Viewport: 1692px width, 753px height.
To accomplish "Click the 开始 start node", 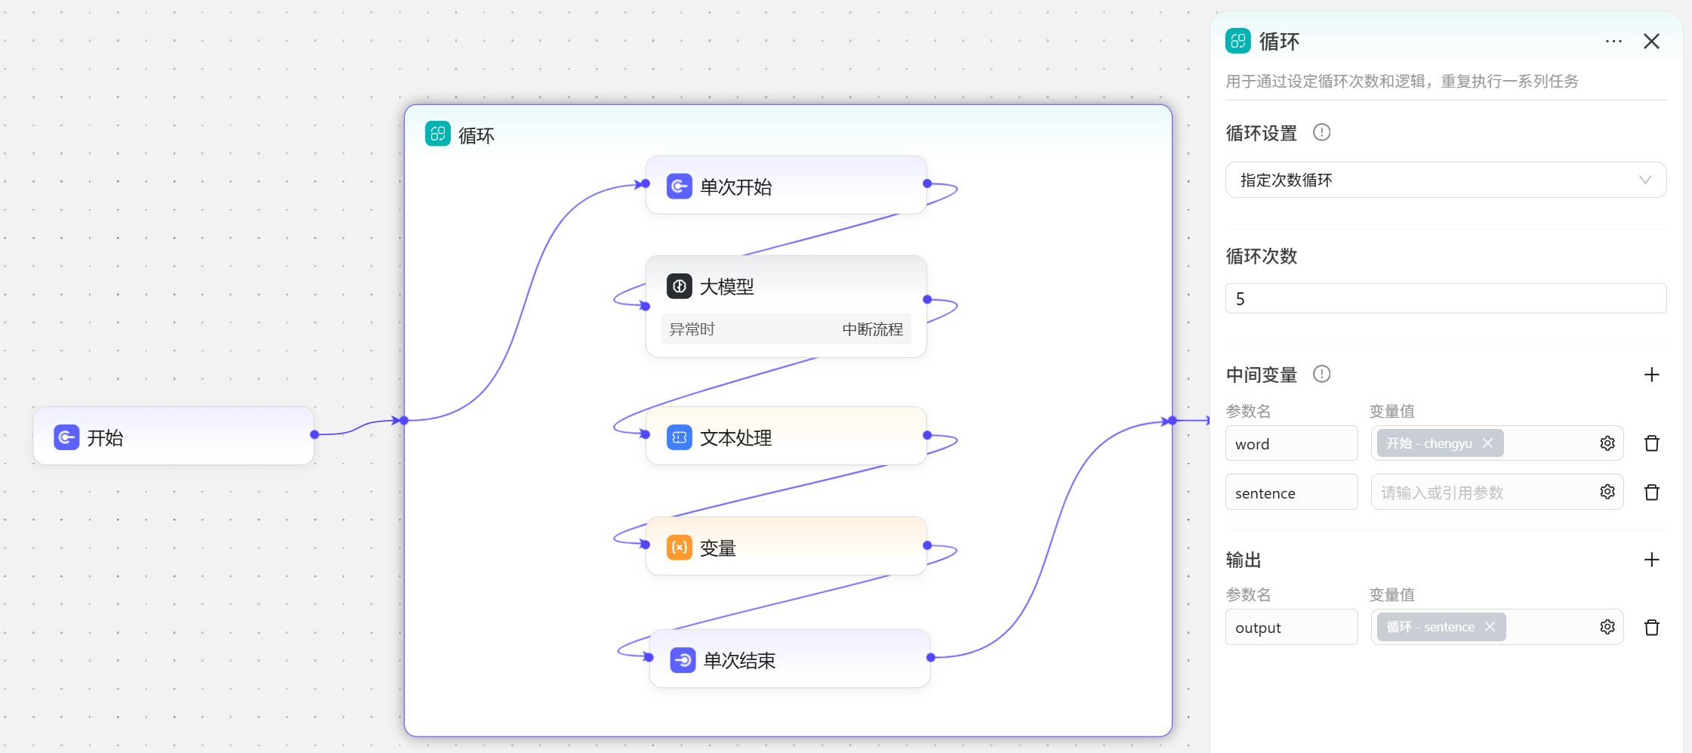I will tap(173, 437).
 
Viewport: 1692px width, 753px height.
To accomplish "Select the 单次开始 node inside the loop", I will tap(785, 186).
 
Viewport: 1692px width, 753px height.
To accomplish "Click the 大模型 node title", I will tap(726, 287).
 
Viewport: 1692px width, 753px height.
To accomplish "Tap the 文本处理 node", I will tap(785, 437).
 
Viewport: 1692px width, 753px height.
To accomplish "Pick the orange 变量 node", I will tap(785, 547).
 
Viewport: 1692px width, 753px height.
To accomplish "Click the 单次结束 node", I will tap(789, 659).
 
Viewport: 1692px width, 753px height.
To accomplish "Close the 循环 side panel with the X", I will tap(1651, 42).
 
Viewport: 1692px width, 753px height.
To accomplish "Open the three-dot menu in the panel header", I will tap(1613, 42).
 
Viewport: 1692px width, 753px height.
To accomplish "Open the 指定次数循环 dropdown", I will tap(1445, 180).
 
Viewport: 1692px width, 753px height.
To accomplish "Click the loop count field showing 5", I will tap(1445, 298).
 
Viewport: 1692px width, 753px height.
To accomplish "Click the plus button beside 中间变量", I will tap(1651, 375).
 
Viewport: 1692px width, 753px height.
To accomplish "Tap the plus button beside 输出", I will tap(1651, 560).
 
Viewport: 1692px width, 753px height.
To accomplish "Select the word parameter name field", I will tap(1291, 443).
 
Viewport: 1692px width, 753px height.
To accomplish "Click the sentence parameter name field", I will tap(1291, 492).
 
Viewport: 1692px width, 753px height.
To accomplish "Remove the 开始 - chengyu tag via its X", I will tap(1487, 443).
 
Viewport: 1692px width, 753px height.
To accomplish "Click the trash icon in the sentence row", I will tap(1651, 492).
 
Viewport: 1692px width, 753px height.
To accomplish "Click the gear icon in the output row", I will tap(1607, 627).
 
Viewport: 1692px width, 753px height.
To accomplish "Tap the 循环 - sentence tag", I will tap(1430, 627).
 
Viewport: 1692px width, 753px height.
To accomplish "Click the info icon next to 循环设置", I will tap(1321, 132).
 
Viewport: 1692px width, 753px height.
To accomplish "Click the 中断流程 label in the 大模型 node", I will tap(872, 329).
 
